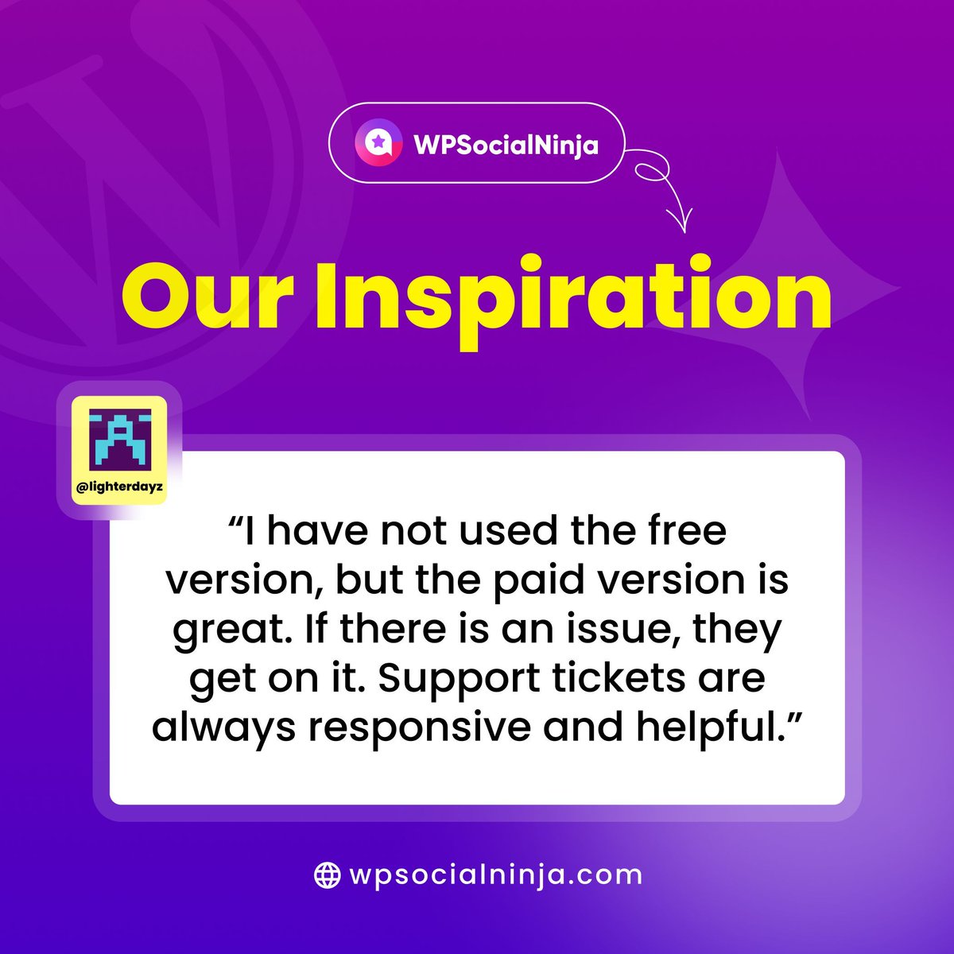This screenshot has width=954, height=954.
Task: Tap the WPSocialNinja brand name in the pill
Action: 506,145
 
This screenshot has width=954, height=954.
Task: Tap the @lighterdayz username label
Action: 119,487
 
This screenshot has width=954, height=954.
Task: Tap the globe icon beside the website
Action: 327,875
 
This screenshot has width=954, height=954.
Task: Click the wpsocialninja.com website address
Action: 495,875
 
